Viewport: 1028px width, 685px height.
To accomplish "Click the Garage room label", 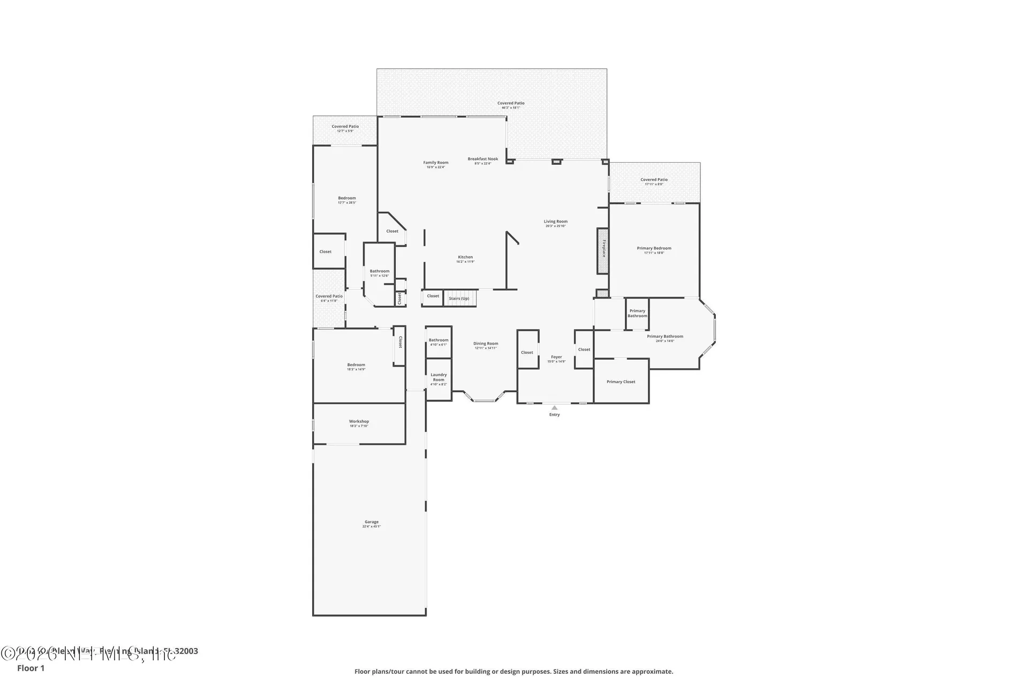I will [x=372, y=522].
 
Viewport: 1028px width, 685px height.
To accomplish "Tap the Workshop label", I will [x=359, y=422].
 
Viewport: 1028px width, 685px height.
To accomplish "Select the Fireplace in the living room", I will [x=603, y=250].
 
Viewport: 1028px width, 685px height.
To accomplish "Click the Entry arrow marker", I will [x=554, y=408].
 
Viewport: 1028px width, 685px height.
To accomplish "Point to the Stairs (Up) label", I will [x=459, y=299].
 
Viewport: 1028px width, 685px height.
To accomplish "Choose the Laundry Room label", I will [x=439, y=377].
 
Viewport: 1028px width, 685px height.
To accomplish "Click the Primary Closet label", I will [x=621, y=382].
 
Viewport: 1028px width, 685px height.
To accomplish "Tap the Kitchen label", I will [x=465, y=257].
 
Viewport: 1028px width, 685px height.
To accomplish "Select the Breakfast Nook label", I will [x=482, y=159].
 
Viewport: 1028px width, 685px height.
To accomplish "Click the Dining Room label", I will [x=486, y=344].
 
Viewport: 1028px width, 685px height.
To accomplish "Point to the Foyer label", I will [x=556, y=357].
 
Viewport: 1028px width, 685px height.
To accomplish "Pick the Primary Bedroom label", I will [x=654, y=248].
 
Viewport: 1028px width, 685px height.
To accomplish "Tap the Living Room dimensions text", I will [x=555, y=226].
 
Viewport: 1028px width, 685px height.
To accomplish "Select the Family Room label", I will [x=436, y=163].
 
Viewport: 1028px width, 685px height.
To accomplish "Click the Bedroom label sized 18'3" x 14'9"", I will [x=356, y=365].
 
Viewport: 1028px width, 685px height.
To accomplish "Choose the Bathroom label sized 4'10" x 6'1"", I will [x=439, y=340].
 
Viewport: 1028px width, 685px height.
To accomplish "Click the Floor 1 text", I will [x=31, y=668].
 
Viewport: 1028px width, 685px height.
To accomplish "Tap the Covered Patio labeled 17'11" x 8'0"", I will [x=654, y=180].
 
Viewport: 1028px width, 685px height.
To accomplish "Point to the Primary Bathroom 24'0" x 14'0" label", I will [x=664, y=337].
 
